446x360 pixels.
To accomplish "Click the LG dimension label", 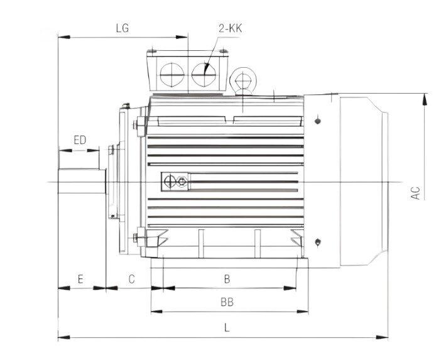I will tap(122, 28).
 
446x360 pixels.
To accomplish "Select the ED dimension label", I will tap(79, 139).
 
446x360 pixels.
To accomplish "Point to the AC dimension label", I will tap(415, 192).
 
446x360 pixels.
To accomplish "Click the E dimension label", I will tap(80, 278).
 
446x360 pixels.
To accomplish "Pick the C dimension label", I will tap(131, 278).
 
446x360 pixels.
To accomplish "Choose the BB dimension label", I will tap(227, 302).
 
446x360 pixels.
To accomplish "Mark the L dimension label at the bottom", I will tap(227, 327).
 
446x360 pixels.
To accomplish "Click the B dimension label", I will tap(227, 278).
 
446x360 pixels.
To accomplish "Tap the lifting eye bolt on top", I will tap(242, 80).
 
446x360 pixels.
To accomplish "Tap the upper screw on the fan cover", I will tap(318, 119).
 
